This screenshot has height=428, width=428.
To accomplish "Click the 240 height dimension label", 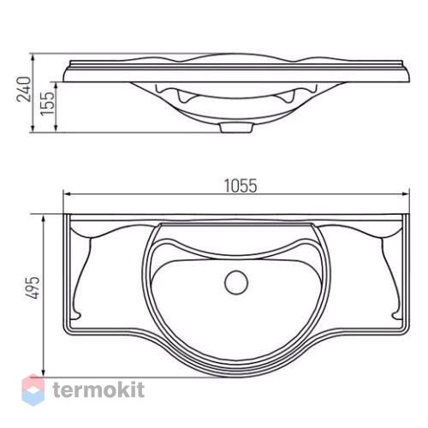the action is coord(24,89).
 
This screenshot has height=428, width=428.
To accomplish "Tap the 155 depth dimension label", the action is coord(47,104).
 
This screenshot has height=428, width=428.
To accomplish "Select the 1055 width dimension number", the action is coord(241,186).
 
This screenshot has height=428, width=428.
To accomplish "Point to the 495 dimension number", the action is coord(33,287).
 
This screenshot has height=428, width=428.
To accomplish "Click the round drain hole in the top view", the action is coord(236,282).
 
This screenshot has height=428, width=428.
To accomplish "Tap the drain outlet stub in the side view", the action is coord(236,128).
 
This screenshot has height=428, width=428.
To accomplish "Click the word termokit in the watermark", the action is coord(98,389).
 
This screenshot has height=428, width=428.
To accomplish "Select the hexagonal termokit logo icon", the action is coord(33,389).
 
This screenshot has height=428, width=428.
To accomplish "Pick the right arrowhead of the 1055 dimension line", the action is coord(406,194).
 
